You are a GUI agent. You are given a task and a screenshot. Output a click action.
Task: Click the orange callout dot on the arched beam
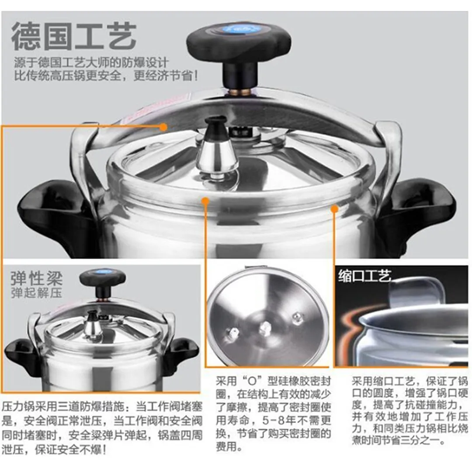(x=163, y=127)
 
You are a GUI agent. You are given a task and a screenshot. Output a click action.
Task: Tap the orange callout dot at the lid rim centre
(x=205, y=201)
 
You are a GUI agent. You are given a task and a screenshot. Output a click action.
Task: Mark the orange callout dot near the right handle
(x=334, y=208)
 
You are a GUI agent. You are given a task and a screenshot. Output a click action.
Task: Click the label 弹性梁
(x=37, y=278)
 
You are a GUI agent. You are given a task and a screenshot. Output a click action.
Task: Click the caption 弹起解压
(x=37, y=292)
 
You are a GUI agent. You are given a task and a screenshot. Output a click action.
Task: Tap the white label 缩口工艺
(x=364, y=275)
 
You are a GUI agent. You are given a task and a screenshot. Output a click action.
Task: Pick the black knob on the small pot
(x=103, y=283)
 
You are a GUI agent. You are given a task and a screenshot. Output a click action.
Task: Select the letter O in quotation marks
(x=252, y=382)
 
